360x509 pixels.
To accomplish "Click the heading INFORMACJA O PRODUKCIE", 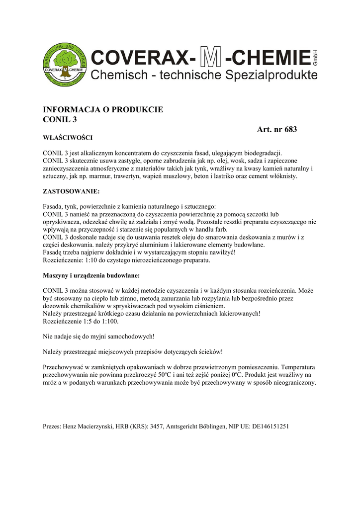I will tap(103, 110).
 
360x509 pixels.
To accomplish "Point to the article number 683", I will tap(290, 130).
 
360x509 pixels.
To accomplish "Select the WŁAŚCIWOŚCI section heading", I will tap(68, 137).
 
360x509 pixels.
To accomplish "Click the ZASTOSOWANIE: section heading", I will tap(72, 191).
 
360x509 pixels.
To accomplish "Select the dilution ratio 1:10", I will tap(89, 260).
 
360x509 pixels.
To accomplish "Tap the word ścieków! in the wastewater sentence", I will tap(208, 352).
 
